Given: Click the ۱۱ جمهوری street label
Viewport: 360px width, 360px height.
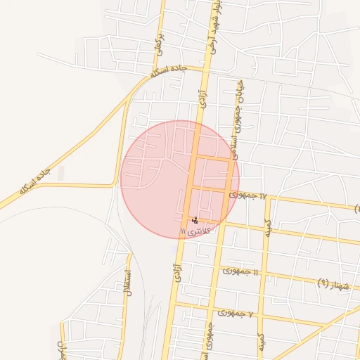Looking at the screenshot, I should tap(240, 271).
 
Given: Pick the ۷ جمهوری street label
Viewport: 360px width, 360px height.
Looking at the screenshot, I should tap(240, 311).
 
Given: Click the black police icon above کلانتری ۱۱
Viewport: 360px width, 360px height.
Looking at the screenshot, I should tap(194, 221).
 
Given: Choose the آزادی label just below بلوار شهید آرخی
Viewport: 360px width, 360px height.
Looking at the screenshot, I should tap(202, 98).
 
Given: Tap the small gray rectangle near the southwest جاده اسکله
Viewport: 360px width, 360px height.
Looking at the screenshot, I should tap(60, 173).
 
